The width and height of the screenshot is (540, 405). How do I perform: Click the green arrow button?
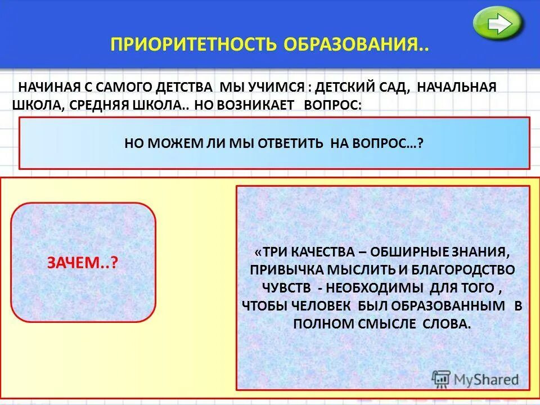click(498, 24)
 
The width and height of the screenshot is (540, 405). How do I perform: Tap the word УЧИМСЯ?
click(274, 88)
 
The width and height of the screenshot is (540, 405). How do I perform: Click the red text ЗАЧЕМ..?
click(82, 263)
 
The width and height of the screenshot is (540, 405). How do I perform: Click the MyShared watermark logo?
click(475, 379)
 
